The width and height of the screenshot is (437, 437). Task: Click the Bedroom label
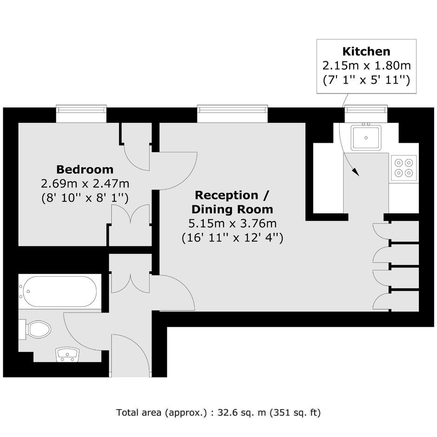[85, 169]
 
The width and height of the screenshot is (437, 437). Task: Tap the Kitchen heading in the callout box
[366, 52]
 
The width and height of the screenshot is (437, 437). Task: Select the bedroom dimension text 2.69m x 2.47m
[85, 184]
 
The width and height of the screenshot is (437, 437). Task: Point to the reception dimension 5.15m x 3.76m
[232, 224]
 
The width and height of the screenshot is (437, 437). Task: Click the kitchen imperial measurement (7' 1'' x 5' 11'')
[366, 80]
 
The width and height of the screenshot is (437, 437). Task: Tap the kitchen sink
[366, 138]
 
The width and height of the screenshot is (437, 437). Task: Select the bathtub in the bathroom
[60, 291]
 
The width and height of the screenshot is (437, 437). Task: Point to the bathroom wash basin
[67, 355]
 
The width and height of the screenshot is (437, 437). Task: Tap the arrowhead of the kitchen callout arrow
[356, 172]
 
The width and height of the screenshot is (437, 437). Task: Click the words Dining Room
[232, 210]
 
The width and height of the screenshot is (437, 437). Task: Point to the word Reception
[226, 195]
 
